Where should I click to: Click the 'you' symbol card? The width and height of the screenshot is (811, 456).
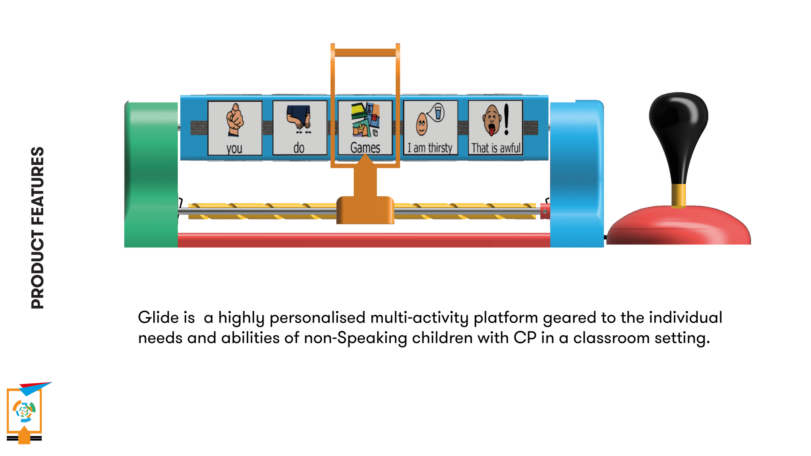coord(235,128)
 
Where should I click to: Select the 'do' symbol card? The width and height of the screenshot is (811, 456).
coord(300,128)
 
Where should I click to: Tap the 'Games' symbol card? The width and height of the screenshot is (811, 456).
coord(365,128)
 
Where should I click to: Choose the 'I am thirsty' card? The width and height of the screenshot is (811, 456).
coord(430,128)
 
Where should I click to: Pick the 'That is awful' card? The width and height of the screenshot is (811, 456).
coord(495,128)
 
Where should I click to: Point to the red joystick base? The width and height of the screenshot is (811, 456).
coord(679,225)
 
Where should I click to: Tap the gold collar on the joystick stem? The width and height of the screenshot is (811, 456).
coord(678,195)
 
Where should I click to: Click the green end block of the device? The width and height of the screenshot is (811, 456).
coord(151,174)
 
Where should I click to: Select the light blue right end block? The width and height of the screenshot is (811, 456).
coord(577,174)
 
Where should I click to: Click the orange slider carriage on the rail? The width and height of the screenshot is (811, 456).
coord(365,210)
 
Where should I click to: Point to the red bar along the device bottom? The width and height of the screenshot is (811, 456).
coord(364,240)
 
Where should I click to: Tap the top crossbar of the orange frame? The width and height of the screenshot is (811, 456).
coord(365,52)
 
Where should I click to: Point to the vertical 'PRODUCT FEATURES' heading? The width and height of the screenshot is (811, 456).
coord(38,228)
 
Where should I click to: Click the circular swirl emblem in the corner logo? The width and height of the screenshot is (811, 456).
coord(24,410)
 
